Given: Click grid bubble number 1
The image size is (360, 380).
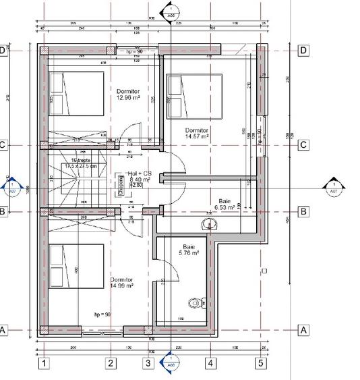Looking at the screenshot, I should pos(44,364).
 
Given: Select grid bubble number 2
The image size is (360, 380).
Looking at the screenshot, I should pos(111,364).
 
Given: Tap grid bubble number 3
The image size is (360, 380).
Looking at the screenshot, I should pos(148,364).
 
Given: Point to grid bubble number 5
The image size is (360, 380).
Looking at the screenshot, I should pos(260,364).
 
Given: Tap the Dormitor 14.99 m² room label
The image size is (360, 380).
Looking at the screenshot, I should pos(122,282).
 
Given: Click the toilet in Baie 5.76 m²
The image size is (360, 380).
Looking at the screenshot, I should pos(196,304).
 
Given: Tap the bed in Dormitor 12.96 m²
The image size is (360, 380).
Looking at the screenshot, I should pos(75,94).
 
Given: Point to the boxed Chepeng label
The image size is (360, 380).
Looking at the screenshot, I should pos(121,184).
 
